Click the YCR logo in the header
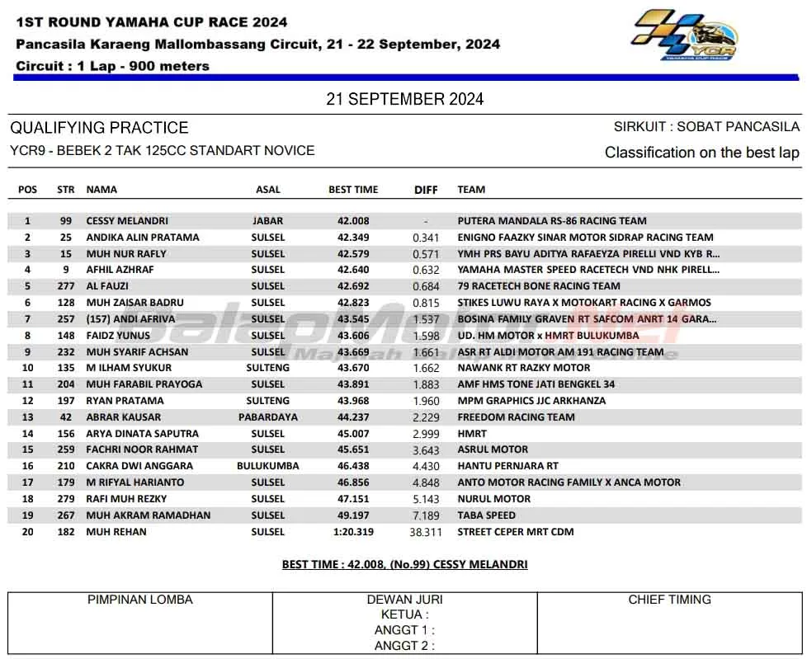[684, 35]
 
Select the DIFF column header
[426, 190]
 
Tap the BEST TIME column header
[353, 190]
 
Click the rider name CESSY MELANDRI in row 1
[127, 221]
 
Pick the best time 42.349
[353, 238]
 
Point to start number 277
[65, 286]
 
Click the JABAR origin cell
[267, 221]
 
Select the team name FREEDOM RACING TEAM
[516, 417]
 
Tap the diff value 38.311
[426, 532]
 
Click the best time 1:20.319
[353, 532]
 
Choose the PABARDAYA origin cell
[267, 417]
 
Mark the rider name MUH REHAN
[116, 532]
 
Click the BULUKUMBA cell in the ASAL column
[267, 466]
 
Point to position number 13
[27, 417]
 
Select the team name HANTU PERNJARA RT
[507, 466]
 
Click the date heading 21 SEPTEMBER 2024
[404, 100]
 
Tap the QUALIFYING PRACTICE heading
[99, 128]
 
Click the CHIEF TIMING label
[669, 600]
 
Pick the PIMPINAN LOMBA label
[140, 600]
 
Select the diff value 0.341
[426, 238]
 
